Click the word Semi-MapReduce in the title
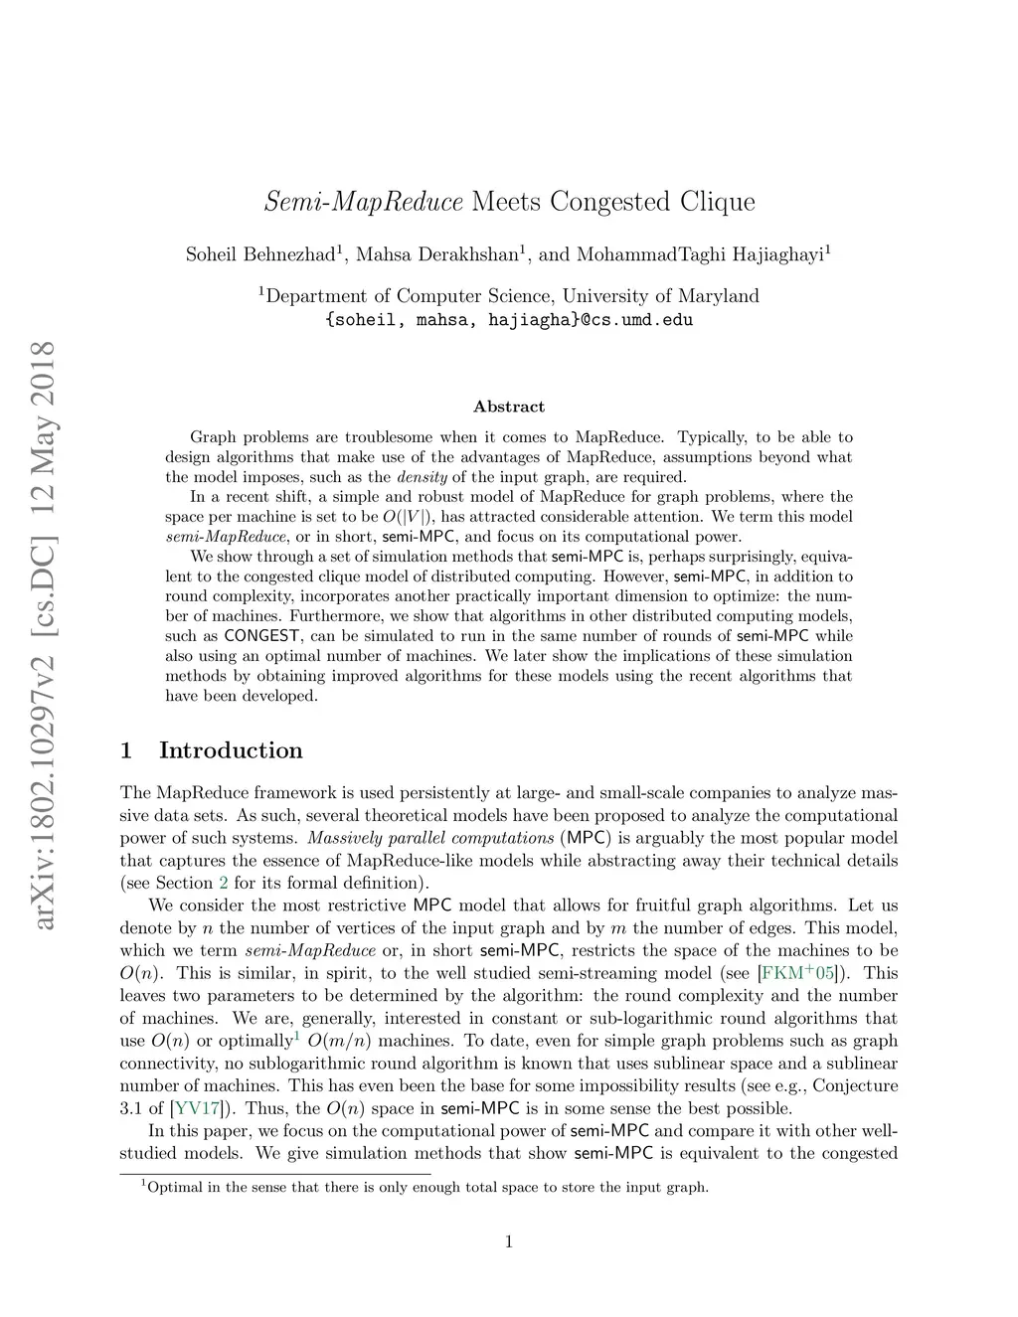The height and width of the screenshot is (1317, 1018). point(364,203)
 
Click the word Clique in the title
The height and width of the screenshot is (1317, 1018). point(717,203)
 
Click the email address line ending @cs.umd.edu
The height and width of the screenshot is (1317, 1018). point(509,320)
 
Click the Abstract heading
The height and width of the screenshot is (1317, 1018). point(509,407)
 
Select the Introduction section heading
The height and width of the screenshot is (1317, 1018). point(231,750)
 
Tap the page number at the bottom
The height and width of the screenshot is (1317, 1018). point(509,1240)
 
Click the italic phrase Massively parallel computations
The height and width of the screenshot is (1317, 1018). point(430,838)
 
